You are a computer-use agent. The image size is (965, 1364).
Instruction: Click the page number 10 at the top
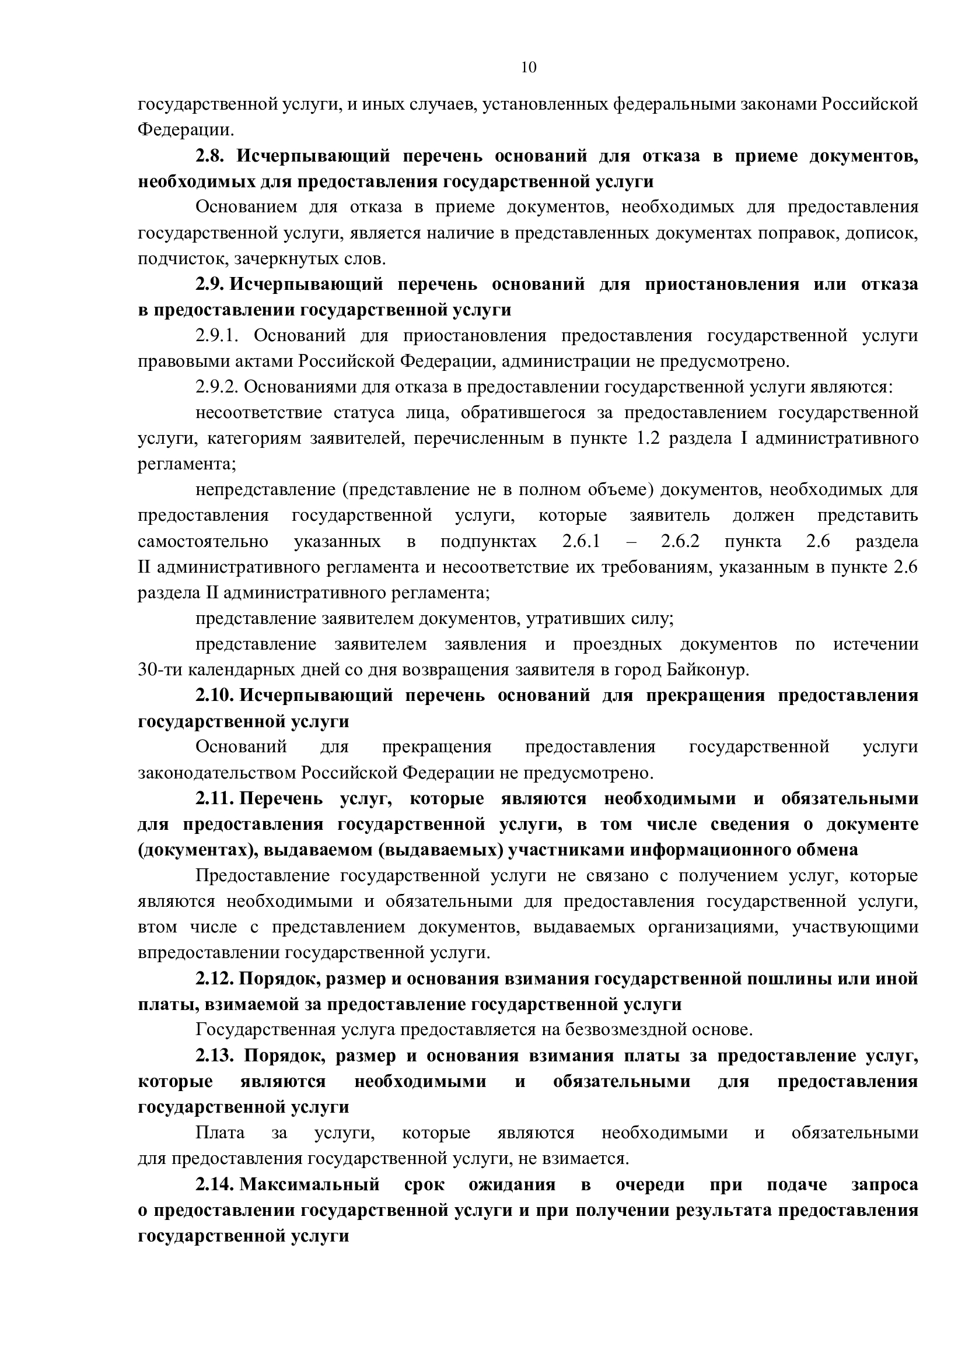coord(528,68)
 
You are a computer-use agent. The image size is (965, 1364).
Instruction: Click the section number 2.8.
coord(210,156)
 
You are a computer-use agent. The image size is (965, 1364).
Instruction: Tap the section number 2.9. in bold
coord(210,284)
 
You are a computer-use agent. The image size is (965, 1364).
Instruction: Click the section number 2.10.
coord(215,696)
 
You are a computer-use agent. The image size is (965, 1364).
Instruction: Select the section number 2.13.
coord(215,1056)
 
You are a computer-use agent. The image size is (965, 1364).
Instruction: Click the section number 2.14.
coord(215,1184)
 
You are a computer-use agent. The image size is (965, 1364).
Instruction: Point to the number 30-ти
coord(160,670)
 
